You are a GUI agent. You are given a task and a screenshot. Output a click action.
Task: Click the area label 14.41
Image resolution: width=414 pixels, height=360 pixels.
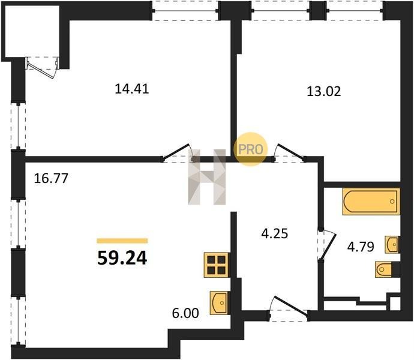click(x=132, y=89)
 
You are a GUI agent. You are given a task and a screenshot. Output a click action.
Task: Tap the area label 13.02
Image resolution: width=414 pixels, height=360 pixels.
click(x=324, y=91)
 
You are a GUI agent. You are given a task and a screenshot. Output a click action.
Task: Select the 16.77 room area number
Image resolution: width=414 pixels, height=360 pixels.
click(x=51, y=178)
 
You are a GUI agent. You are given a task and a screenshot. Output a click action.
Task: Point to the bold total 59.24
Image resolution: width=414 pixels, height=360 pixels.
click(x=122, y=258)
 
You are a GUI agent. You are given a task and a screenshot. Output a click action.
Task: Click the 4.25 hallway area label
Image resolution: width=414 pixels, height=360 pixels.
click(x=275, y=233)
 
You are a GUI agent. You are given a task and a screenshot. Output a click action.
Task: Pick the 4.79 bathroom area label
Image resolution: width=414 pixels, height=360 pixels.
click(x=361, y=247)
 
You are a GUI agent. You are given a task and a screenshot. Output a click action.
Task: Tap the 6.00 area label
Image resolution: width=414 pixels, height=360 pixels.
click(x=185, y=313)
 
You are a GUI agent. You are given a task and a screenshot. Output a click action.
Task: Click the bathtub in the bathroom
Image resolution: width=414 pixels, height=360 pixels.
click(x=371, y=201)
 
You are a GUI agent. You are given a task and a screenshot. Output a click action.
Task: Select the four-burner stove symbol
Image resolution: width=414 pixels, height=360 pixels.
click(x=216, y=265)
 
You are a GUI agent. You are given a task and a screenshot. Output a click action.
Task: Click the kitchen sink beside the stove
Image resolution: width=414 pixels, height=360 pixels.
click(x=220, y=302)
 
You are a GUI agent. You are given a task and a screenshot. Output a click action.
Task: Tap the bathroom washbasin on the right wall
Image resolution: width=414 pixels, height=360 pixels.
click(x=392, y=245)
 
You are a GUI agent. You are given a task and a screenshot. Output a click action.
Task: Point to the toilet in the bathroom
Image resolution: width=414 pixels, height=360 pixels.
click(x=387, y=269)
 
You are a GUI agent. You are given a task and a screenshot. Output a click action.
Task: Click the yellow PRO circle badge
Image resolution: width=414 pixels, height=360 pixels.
click(x=251, y=149)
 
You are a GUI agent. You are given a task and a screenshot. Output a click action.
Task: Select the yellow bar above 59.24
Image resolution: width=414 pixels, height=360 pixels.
click(x=122, y=241)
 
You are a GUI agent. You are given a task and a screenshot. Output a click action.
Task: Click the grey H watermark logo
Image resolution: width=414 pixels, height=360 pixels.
click(x=207, y=177)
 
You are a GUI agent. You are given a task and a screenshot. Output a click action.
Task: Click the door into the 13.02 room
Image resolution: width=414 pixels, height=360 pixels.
click(x=289, y=152)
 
